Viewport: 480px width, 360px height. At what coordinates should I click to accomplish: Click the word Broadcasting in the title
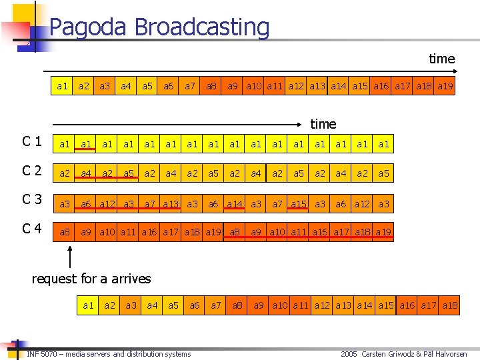pyautogui.click(x=202, y=28)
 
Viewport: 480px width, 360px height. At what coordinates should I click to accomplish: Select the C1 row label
pyautogui.click(x=32, y=141)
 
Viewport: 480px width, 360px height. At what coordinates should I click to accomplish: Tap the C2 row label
pyautogui.click(x=32, y=171)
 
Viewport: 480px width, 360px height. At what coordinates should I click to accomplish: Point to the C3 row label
pyautogui.click(x=32, y=200)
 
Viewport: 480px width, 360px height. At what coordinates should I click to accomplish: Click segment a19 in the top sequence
pyautogui.click(x=446, y=87)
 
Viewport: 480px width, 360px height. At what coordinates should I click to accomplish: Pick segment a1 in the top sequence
pyautogui.click(x=63, y=87)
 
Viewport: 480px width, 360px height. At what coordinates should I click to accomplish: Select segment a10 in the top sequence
pyautogui.click(x=253, y=87)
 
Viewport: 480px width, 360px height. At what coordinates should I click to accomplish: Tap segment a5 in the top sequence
pyautogui.click(x=147, y=87)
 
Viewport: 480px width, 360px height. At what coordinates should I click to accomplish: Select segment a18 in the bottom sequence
pyautogui.click(x=449, y=306)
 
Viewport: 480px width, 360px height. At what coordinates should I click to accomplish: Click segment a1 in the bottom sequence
pyautogui.click(x=88, y=306)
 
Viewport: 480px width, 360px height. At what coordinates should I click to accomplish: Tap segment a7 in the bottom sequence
pyautogui.click(x=215, y=306)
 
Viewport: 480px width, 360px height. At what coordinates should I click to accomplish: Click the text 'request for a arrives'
pyautogui.click(x=91, y=279)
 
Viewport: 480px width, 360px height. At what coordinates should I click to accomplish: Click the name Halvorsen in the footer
pyautogui.click(x=452, y=354)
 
